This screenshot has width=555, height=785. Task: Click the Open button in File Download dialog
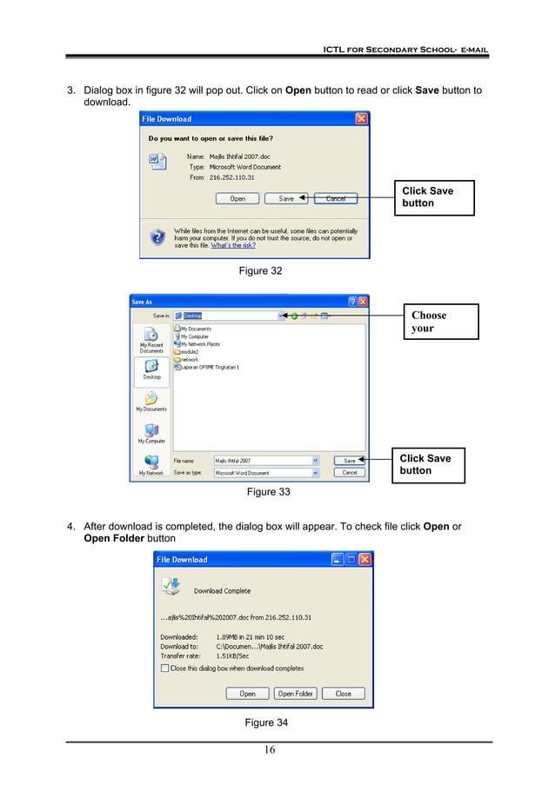(237, 198)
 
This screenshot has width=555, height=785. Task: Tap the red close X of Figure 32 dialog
(361, 118)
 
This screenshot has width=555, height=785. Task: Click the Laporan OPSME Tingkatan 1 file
(208, 367)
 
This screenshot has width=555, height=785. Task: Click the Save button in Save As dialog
(349, 461)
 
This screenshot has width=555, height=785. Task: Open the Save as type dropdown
(315, 473)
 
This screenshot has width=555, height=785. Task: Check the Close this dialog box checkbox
(165, 669)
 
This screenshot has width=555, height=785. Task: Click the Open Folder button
(296, 694)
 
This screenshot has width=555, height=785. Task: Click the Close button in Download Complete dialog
(344, 694)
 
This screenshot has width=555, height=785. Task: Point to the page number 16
(270, 751)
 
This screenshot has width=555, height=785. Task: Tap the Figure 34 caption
(266, 723)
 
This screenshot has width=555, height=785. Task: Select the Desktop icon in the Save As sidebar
(151, 371)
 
